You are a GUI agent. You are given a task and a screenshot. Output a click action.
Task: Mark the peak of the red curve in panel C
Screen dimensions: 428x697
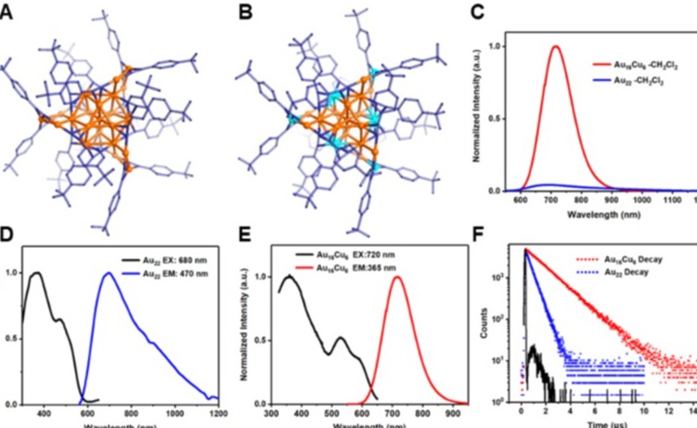[556, 46]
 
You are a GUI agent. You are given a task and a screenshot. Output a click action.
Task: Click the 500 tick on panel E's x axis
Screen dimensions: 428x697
[329, 414]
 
